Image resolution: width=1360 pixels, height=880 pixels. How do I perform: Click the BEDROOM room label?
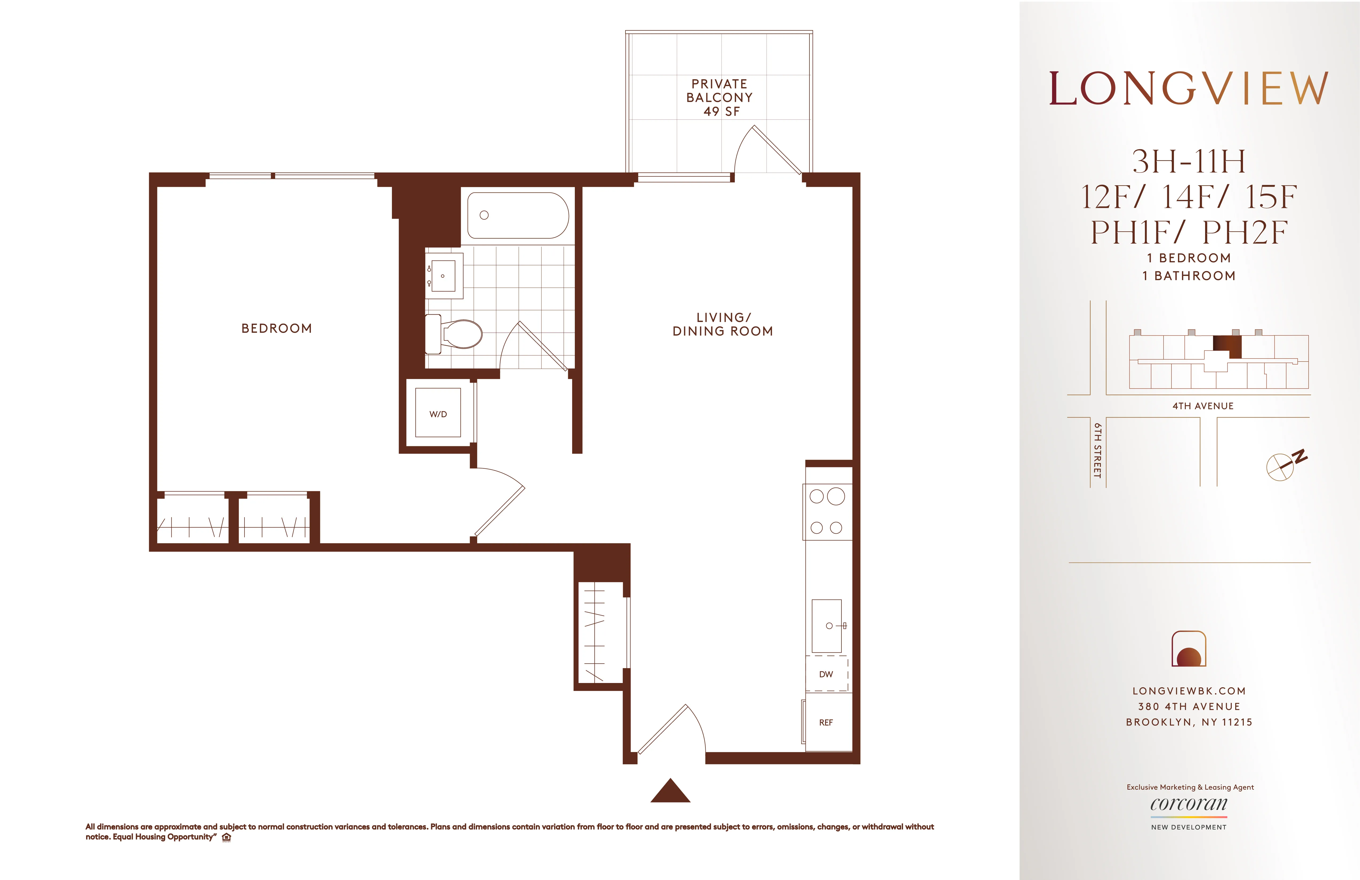pyautogui.click(x=276, y=329)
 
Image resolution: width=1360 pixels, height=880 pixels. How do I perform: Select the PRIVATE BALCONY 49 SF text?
pyautogui.click(x=719, y=98)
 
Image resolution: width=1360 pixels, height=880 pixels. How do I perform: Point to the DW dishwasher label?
pyautogui.click(x=826, y=674)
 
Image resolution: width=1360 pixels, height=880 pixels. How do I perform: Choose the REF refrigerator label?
pyautogui.click(x=826, y=723)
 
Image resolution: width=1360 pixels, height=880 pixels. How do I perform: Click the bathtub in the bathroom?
pyautogui.click(x=518, y=215)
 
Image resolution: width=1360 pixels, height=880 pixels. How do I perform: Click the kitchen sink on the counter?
pyautogui.click(x=827, y=626)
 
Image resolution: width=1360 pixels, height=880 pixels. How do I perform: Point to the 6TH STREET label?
pyautogui.click(x=1097, y=450)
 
